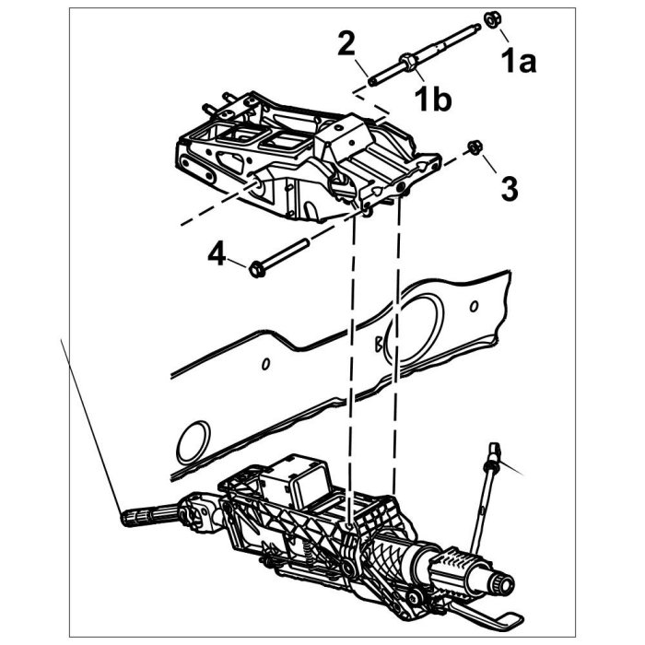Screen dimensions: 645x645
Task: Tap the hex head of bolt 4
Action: point(256,268)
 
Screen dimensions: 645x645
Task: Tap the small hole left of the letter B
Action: point(265,364)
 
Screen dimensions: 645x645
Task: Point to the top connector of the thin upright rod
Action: point(496,454)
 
